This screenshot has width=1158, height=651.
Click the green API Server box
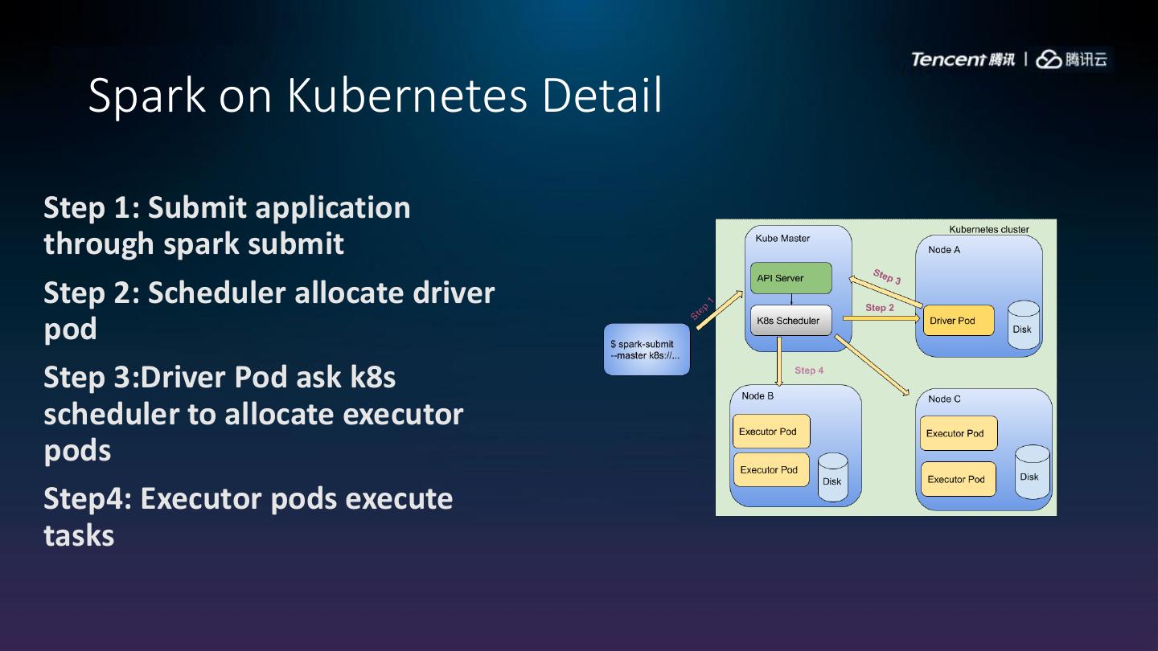tap(790, 278)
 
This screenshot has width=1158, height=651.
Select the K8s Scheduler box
tap(790, 321)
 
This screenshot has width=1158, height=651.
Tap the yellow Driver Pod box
tap(958, 321)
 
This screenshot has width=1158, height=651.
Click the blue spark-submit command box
tap(647, 350)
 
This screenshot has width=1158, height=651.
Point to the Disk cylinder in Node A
tap(1023, 325)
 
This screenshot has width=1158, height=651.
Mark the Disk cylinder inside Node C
tap(1032, 473)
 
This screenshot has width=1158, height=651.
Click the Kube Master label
tap(782, 239)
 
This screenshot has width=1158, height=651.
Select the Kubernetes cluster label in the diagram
tap(988, 229)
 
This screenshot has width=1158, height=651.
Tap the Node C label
tap(944, 399)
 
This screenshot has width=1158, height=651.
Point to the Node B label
tap(758, 395)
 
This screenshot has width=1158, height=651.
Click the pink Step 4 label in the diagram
tap(809, 371)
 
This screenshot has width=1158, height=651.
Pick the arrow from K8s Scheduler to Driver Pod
tap(881, 318)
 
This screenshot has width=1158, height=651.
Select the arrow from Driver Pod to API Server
tap(886, 290)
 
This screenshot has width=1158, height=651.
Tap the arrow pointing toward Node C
tap(873, 366)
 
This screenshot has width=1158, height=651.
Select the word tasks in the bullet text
tap(79, 535)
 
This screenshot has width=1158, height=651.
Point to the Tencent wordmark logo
tap(948, 59)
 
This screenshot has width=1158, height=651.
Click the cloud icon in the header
tap(1049, 59)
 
